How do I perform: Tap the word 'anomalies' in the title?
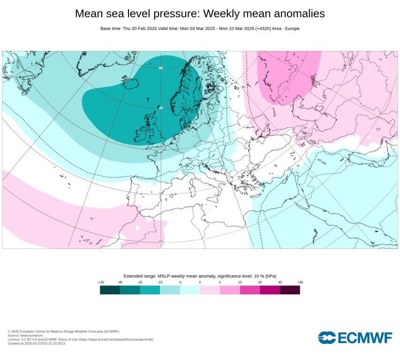(x=296, y=14)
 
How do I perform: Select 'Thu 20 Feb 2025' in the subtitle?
(x=139, y=29)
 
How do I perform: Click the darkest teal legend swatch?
(x=110, y=290)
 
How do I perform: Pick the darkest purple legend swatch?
(x=290, y=290)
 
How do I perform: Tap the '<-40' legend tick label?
(x=100, y=282)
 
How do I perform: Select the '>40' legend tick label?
(x=300, y=282)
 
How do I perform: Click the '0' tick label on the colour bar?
(x=200, y=282)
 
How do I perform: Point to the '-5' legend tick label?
(x=180, y=282)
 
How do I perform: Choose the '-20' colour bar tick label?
(x=140, y=282)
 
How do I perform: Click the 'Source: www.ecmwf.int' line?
(x=26, y=335)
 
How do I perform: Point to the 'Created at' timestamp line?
(x=37, y=344)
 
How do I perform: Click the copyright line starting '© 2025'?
(x=63, y=331)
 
